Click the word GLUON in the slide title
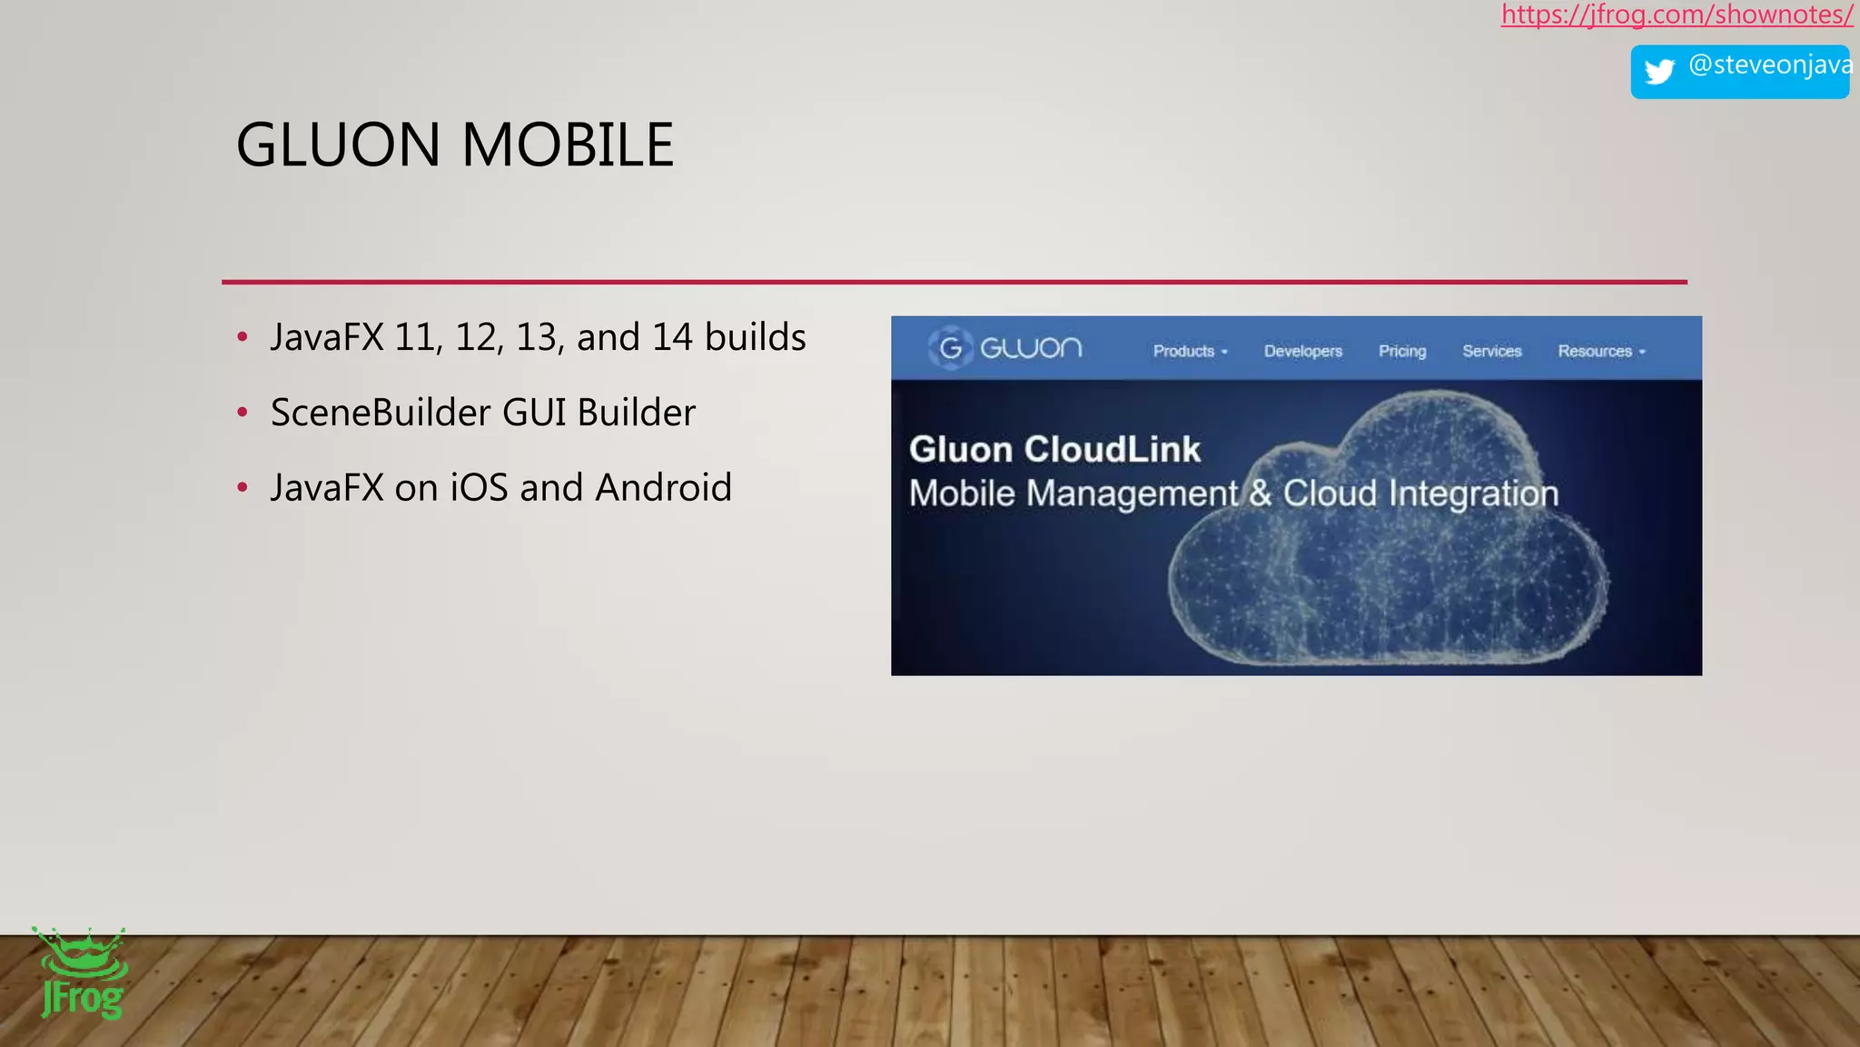tap(338, 145)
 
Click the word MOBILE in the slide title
tap(568, 145)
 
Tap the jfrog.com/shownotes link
tap(1677, 15)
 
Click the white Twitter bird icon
tap(1659, 71)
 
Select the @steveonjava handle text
tap(1769, 65)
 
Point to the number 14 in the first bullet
tap(672, 337)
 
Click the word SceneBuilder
tap(381, 413)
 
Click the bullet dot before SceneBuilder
tap(242, 413)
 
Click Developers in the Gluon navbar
tap(1302, 352)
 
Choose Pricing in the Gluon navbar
tap(1401, 352)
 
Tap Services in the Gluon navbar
tap(1491, 352)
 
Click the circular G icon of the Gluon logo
tap(950, 348)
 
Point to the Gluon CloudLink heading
tap(1054, 450)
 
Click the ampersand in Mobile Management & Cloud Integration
tap(1260, 494)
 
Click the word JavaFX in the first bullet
tap(327, 337)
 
